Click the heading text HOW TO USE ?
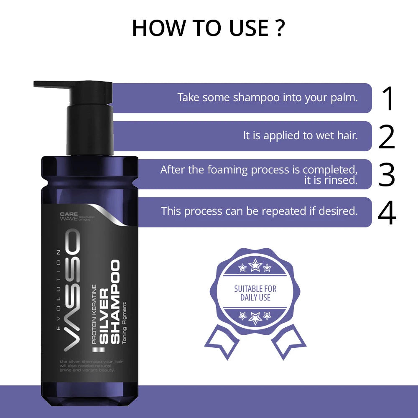(209, 28)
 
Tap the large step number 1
(388, 98)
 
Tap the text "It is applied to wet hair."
(300, 135)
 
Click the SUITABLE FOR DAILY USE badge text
(255, 293)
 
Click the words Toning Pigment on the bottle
(125, 321)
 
